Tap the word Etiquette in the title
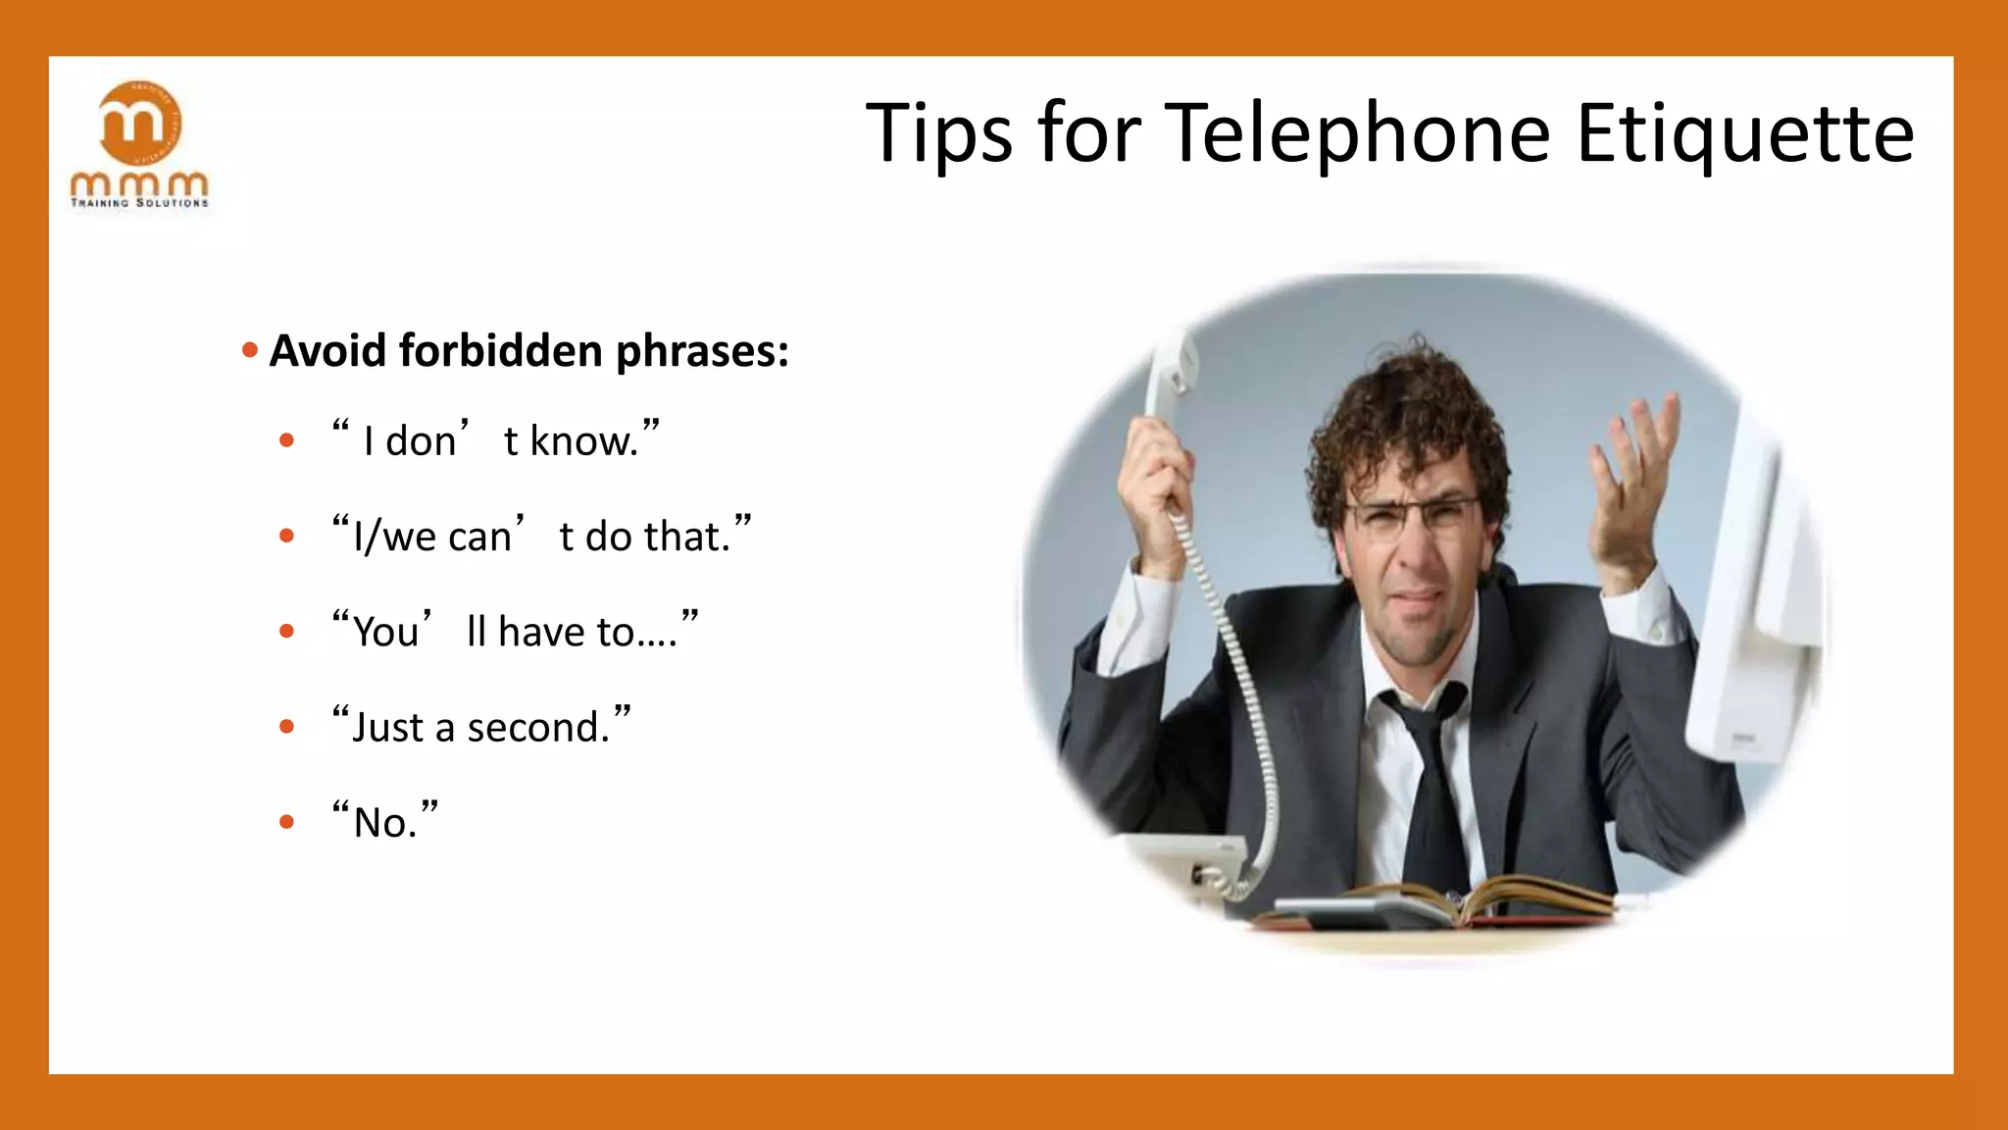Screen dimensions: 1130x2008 1744,133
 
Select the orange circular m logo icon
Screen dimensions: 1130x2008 140,123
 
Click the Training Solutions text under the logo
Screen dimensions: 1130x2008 139,203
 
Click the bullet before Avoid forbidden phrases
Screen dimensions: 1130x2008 250,350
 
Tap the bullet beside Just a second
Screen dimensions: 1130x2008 286,727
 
